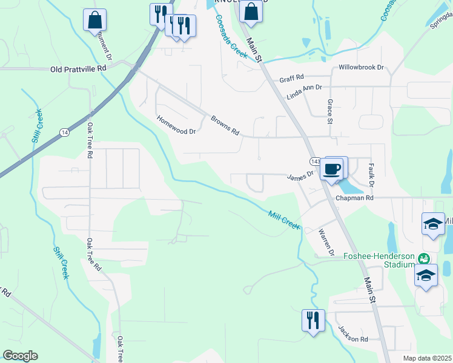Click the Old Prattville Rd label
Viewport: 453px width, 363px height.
click(x=79, y=69)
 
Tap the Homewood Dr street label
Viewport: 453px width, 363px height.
click(x=177, y=125)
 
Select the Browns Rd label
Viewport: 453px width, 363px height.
click(x=225, y=124)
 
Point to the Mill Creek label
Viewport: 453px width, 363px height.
click(x=284, y=218)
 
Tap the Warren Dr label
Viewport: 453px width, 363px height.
click(x=327, y=241)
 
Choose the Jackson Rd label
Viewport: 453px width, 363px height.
click(x=353, y=335)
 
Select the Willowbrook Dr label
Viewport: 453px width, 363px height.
click(x=362, y=67)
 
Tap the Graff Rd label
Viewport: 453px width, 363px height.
click(x=291, y=79)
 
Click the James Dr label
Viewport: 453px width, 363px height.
click(x=300, y=176)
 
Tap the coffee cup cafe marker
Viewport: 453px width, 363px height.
click(x=332, y=169)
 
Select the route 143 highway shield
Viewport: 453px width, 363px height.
click(x=315, y=162)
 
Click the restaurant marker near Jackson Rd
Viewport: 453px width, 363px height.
click(x=313, y=319)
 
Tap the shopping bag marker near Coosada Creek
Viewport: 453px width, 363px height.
click(x=251, y=11)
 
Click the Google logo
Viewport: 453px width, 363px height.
click(x=20, y=356)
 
